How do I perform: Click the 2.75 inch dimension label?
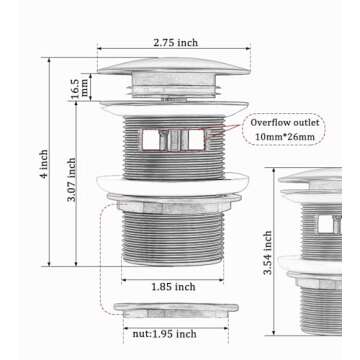click(175, 42)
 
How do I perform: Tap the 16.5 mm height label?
click(80, 87)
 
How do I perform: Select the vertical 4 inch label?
click(44, 166)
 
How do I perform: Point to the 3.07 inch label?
click(71, 180)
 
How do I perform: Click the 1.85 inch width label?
click(173, 286)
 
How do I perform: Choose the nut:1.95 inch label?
click(165, 334)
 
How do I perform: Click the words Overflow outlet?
click(285, 122)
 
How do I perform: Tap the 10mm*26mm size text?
click(285, 136)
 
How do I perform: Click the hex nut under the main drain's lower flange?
click(173, 205)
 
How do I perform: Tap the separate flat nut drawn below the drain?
click(175, 311)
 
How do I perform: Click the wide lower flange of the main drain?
click(173, 183)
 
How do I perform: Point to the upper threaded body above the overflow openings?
click(173, 121)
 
